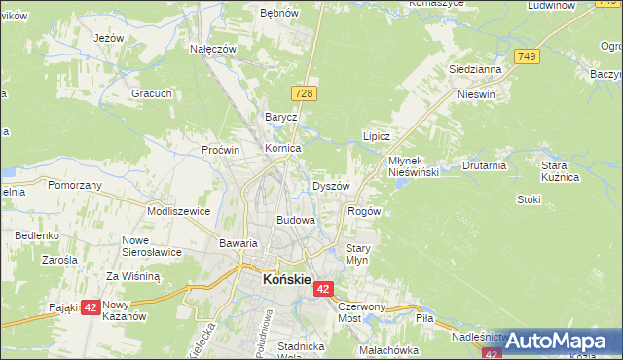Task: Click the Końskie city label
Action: tap(287, 279)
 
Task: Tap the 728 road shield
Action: tap(303, 91)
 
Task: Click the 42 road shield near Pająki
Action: tap(91, 306)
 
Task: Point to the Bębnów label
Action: tap(277, 15)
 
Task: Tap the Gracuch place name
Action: tap(153, 93)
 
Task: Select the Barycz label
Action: tap(280, 117)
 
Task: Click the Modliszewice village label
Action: tap(178, 210)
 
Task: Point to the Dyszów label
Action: tap(330, 185)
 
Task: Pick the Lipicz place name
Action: tap(377, 137)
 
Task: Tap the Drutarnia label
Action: tap(485, 165)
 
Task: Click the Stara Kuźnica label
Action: tap(561, 171)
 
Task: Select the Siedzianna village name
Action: tap(474, 70)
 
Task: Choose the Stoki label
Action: tap(529, 199)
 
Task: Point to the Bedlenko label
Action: tap(37, 235)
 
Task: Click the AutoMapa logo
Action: tap(555, 341)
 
